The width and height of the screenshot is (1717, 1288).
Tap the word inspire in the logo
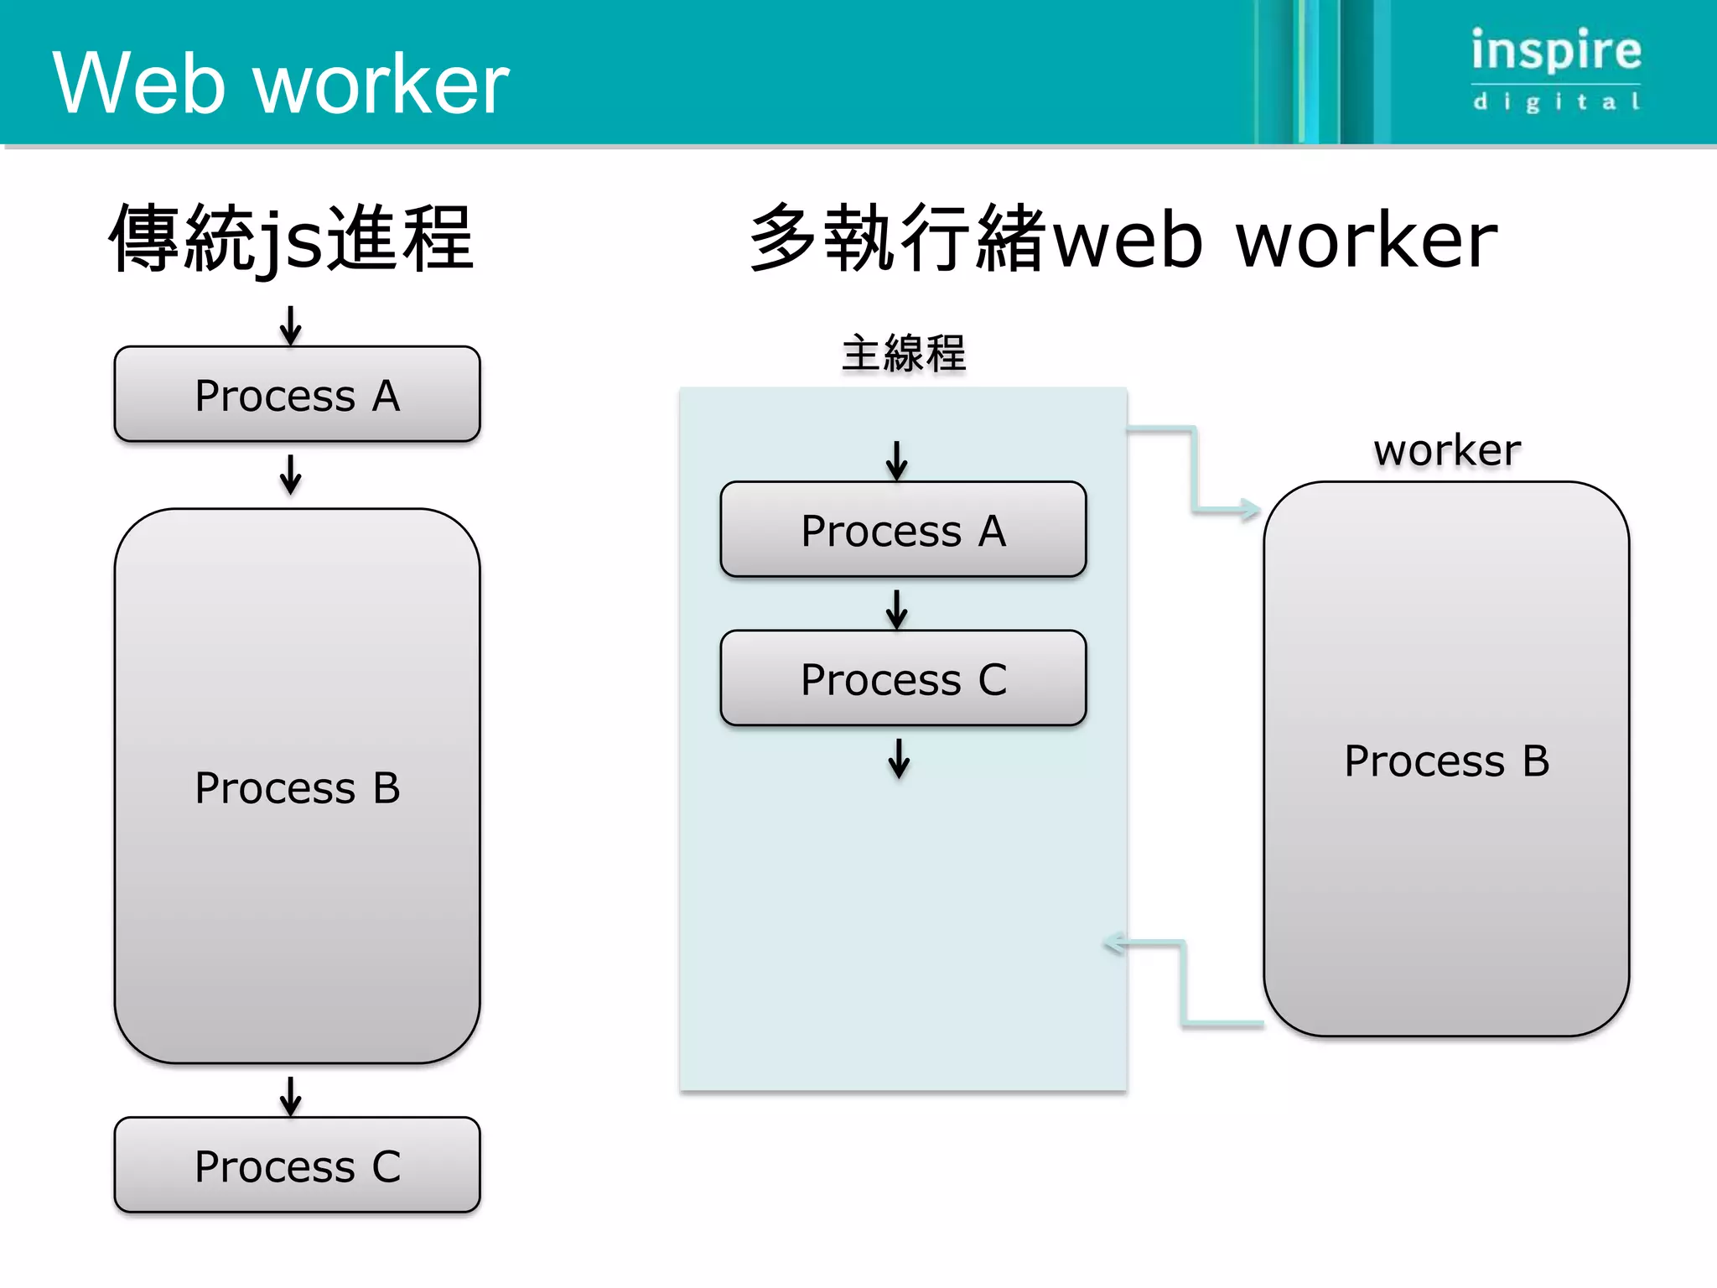tap(1556, 50)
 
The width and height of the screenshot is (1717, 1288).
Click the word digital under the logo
tap(1556, 102)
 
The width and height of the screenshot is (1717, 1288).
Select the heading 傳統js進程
tap(292, 240)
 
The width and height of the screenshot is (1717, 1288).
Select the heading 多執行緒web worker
tap(1123, 240)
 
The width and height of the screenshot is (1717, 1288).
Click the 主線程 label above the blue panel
tap(904, 353)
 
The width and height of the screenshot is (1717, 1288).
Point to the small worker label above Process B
tap(1446, 450)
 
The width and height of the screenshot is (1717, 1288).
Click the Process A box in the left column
tap(297, 394)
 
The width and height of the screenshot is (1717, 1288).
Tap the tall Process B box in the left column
tap(297, 786)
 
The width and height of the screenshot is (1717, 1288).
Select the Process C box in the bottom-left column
tap(297, 1165)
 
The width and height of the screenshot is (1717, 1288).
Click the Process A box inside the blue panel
tap(903, 529)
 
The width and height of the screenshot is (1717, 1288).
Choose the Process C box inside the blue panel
tap(903, 678)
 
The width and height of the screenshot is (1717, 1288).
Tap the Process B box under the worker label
tap(1446, 759)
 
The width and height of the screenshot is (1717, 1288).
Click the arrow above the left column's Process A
tap(291, 326)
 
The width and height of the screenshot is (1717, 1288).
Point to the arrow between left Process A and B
tap(291, 475)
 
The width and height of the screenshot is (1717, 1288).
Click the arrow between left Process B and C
tap(291, 1097)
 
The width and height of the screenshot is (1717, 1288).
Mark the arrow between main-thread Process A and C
tap(897, 610)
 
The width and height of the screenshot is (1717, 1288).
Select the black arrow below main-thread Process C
tap(899, 759)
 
